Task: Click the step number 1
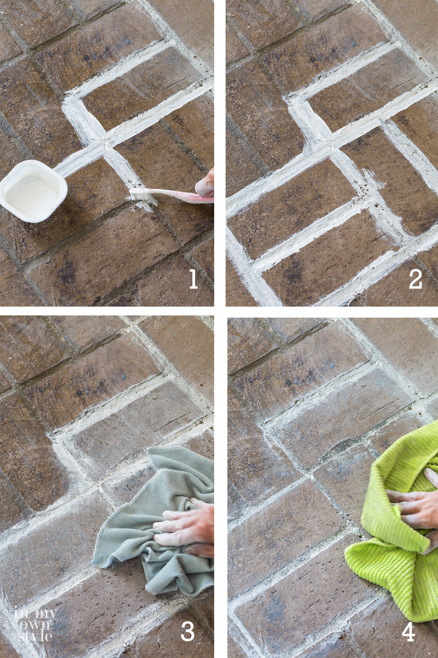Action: [x=193, y=279]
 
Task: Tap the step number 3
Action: [x=187, y=631]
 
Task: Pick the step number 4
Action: [x=408, y=631]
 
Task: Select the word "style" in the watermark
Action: [x=35, y=635]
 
